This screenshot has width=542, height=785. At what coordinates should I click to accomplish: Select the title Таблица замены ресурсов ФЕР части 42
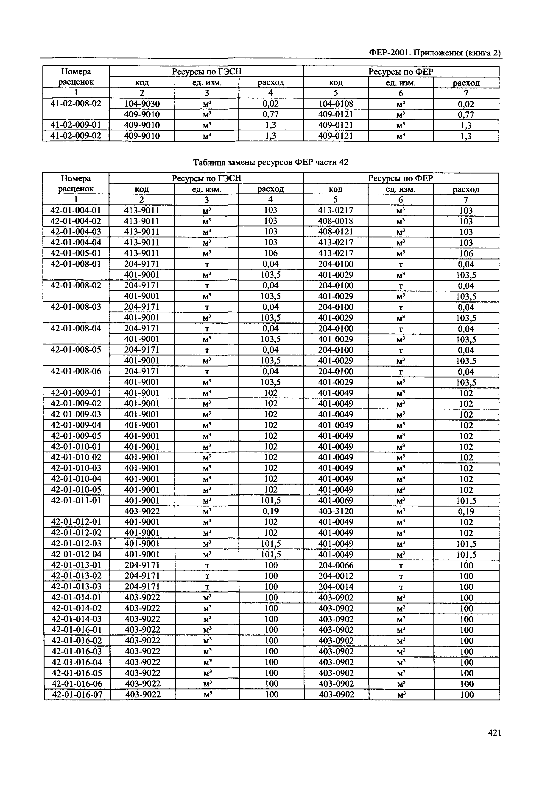271,163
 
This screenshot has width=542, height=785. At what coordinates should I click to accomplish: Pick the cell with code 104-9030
142,104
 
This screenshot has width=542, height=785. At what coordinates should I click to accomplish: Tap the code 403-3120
336,511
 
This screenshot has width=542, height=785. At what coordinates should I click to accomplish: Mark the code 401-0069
336,500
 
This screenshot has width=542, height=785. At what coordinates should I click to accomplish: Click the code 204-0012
336,576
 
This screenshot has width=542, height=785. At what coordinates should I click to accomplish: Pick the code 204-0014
336,587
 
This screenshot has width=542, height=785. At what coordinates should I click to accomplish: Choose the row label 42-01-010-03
76,468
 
